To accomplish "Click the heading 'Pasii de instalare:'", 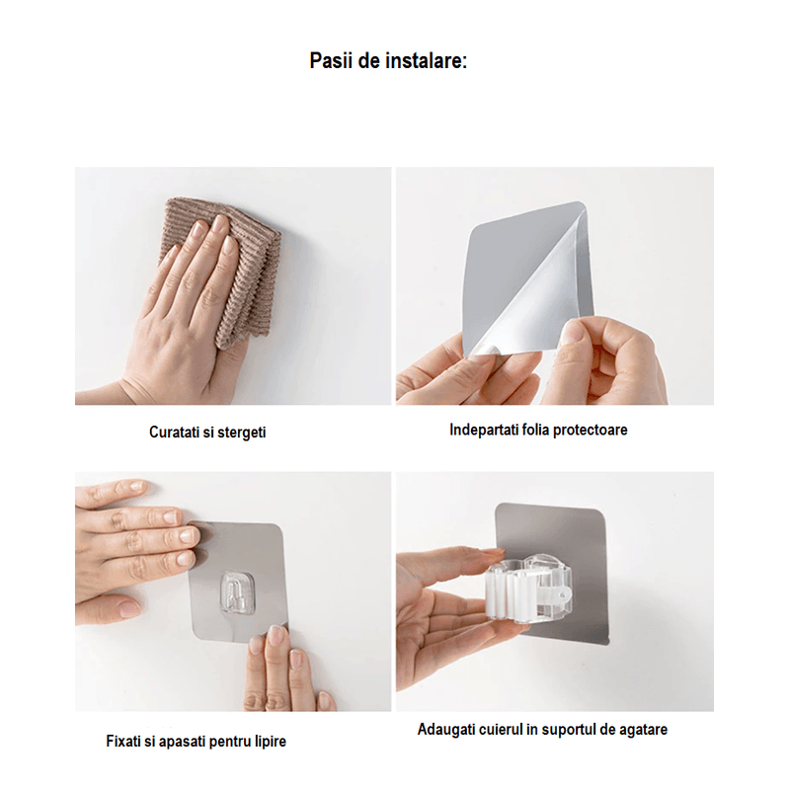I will pos(388,61).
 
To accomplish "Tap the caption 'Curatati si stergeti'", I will pos(207,433).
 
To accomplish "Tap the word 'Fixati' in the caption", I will pos(123,741).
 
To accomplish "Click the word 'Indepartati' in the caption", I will pos(484,430).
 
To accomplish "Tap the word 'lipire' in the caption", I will pos(268,741).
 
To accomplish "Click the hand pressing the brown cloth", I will pos(183,296).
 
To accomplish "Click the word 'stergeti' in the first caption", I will pos(240,433).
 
